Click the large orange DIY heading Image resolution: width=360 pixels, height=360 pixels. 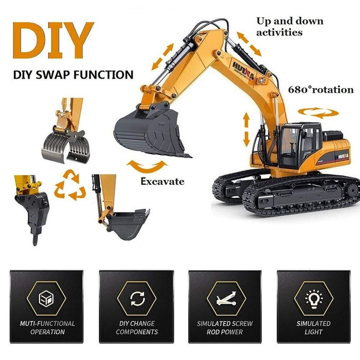tap(53, 40)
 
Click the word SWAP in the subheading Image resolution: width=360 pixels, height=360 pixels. tap(53, 75)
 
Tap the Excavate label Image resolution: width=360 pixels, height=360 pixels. tap(163, 182)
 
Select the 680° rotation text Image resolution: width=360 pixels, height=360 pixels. tap(321, 89)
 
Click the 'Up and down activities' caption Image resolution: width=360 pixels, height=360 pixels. tap(290, 26)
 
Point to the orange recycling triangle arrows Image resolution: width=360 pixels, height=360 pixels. tap(70, 185)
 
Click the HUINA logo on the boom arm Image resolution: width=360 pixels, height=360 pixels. tap(244, 70)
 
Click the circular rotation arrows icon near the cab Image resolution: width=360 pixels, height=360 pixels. tap(318, 113)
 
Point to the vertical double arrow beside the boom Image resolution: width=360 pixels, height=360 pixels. tap(247, 129)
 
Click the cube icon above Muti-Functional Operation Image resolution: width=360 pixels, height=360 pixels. tap(46, 298)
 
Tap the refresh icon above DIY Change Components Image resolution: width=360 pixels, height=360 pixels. tap(137, 298)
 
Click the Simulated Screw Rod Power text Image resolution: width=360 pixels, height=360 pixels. tap(225, 328)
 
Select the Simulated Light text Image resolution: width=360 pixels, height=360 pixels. tap(314, 328)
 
